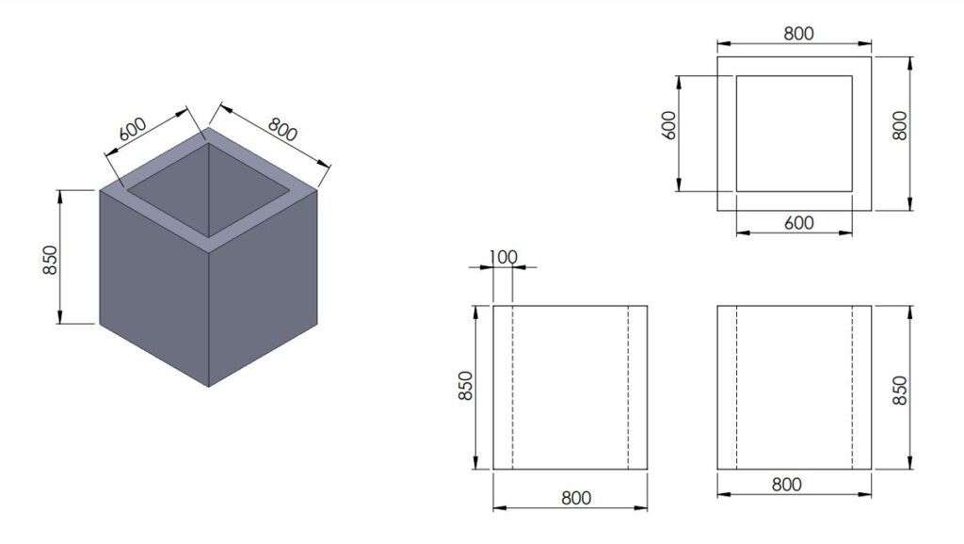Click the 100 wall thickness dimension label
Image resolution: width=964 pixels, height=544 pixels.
click(x=504, y=256)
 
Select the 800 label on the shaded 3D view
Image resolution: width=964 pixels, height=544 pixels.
click(x=283, y=128)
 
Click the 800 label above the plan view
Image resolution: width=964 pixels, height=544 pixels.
click(x=797, y=33)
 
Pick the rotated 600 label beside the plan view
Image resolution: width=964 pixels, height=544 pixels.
click(x=669, y=126)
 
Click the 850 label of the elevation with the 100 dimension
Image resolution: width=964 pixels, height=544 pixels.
click(x=465, y=386)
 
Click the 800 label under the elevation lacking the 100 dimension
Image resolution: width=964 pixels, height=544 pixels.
click(x=786, y=485)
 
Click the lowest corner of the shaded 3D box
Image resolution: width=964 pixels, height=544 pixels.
click(x=208, y=386)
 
